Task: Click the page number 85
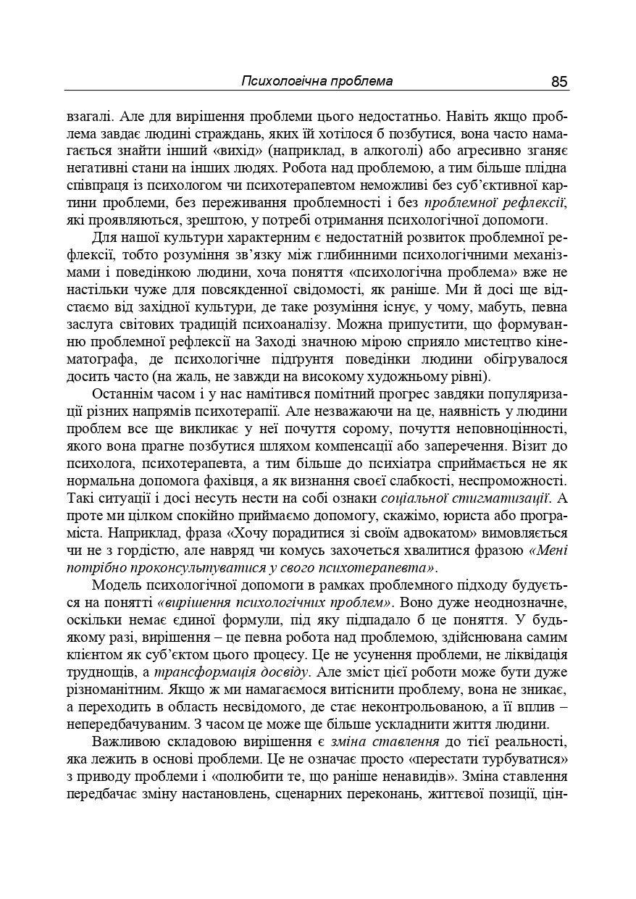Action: pyautogui.click(x=558, y=81)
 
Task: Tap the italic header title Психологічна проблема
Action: pyautogui.click(x=317, y=81)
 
